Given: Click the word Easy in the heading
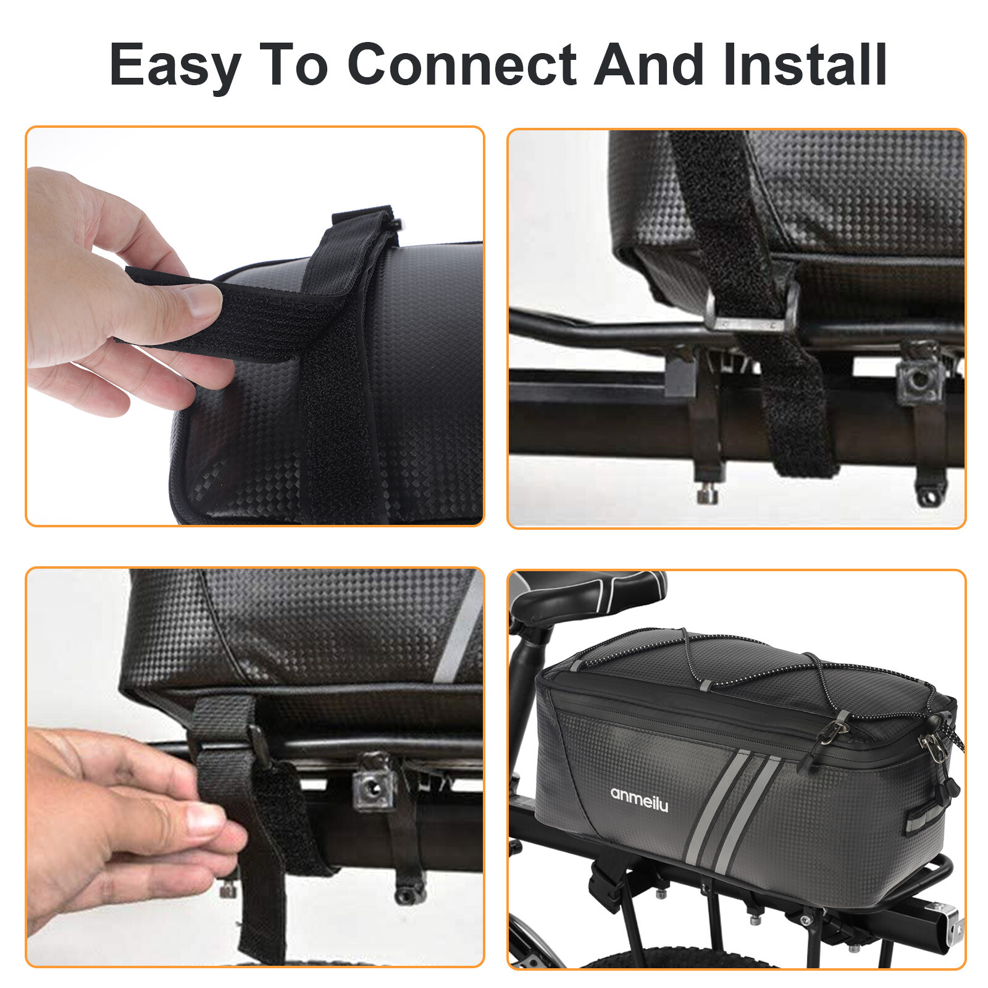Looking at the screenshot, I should coord(175,65).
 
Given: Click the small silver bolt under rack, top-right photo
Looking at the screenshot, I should coord(707,494).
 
